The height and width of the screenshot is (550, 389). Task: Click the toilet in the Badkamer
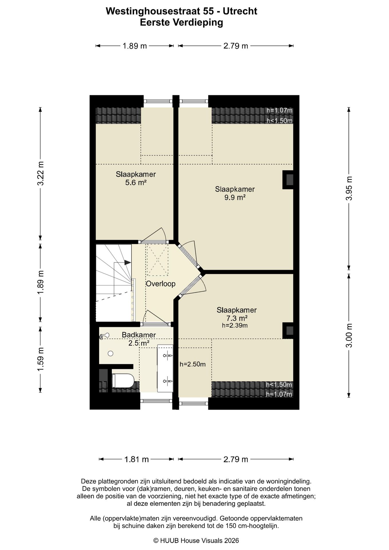(x=123, y=381)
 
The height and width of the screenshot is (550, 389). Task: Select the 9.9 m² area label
(x=235, y=197)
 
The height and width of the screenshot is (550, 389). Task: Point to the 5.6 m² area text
(x=136, y=182)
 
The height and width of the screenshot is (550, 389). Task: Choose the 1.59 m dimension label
(x=40, y=359)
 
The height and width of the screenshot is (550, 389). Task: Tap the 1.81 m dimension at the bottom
(x=136, y=459)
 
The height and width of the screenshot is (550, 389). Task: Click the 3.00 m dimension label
(x=349, y=335)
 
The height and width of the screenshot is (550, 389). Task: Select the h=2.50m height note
(x=192, y=364)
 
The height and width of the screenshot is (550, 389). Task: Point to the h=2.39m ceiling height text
(x=235, y=325)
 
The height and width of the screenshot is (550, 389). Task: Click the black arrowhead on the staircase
(x=127, y=262)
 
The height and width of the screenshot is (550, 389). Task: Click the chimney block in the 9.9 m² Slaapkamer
(x=288, y=180)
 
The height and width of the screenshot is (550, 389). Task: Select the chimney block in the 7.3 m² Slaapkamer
(x=288, y=331)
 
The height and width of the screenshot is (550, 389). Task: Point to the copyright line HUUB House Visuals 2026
(x=196, y=541)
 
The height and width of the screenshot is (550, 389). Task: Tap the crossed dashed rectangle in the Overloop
(x=157, y=259)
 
